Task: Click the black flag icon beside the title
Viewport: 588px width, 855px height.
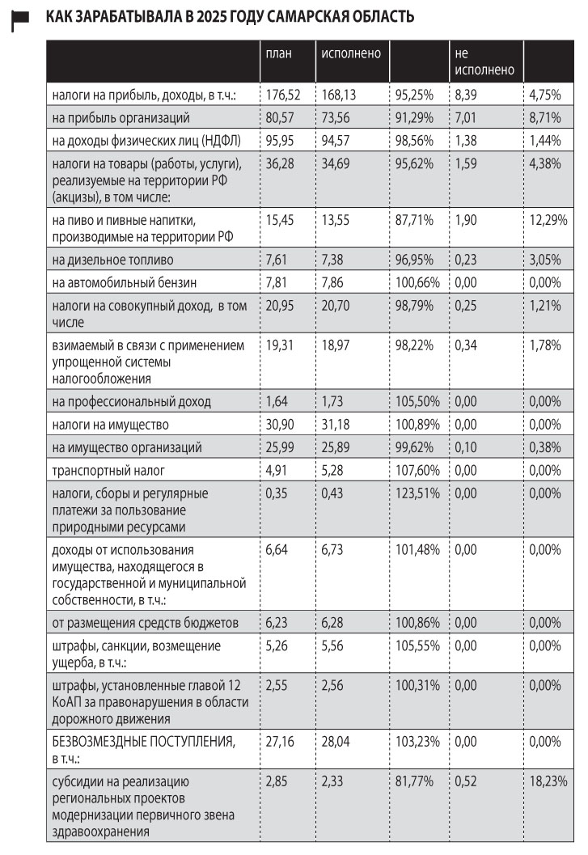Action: pos(20,23)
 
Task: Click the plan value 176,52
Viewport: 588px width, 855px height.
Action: pos(283,95)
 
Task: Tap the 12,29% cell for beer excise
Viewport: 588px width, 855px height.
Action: pos(548,220)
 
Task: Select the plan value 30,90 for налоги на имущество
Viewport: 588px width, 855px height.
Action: pos(282,425)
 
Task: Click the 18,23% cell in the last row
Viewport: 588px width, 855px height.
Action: pos(548,783)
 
